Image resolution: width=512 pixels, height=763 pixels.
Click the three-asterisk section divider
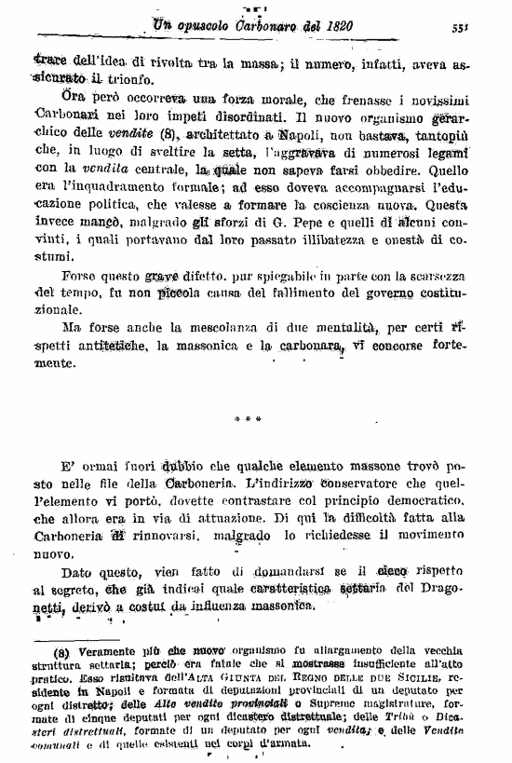click(255, 419)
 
